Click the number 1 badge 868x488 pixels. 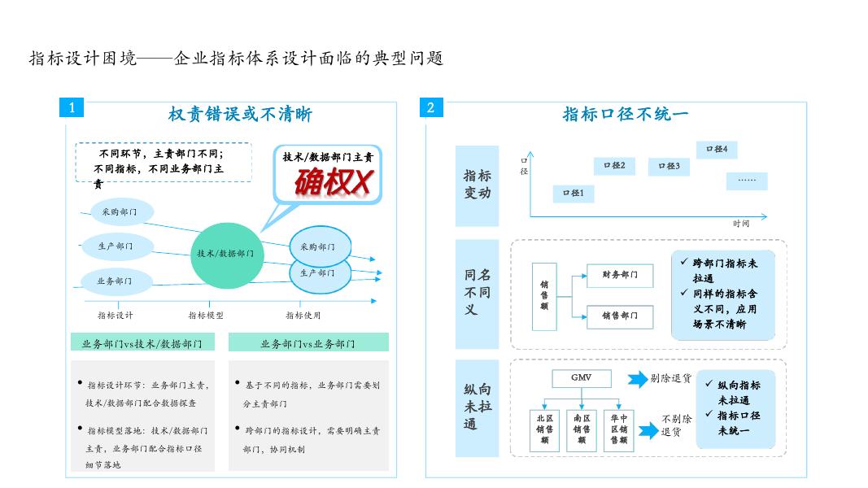point(72,107)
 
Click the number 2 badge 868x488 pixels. point(431,107)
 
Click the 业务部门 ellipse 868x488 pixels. point(115,281)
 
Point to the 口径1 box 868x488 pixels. point(574,194)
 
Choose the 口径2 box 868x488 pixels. point(614,166)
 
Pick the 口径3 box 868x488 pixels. point(669,167)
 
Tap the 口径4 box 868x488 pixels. point(717,150)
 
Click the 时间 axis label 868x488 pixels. point(740,224)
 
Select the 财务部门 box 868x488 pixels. point(620,275)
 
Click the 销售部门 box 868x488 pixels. point(620,316)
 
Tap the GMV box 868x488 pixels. point(581,378)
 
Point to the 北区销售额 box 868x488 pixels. point(544,429)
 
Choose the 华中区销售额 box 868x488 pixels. point(619,429)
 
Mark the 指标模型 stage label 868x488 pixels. point(206,316)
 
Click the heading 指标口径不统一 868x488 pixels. point(626,114)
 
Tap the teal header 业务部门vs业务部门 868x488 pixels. point(308,344)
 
